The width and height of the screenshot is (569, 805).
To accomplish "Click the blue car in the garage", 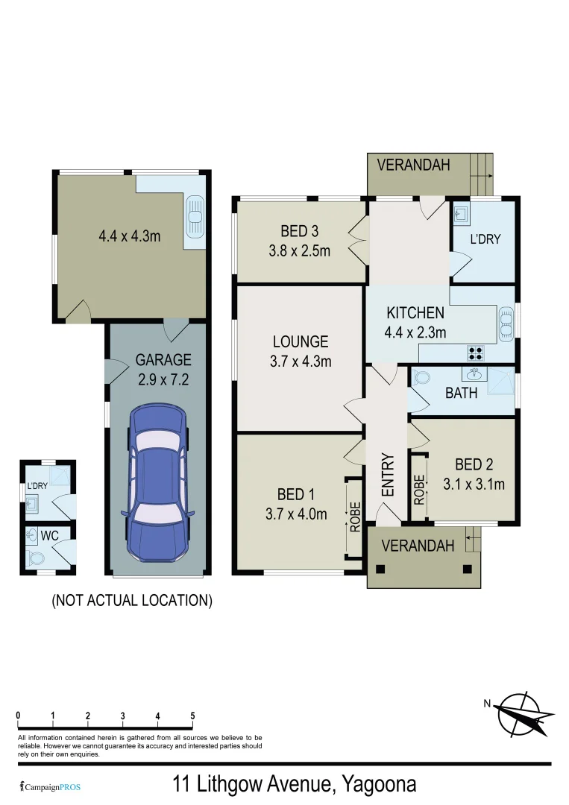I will click(x=157, y=484).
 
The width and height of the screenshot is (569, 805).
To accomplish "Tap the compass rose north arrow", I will click(x=526, y=712).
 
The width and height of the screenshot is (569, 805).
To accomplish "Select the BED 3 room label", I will click(x=299, y=230).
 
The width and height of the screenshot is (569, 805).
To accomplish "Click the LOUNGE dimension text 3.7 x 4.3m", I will click(x=301, y=362).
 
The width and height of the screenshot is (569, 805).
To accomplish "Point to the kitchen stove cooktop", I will click(x=474, y=352).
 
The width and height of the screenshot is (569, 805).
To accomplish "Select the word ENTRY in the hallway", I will click(x=387, y=475).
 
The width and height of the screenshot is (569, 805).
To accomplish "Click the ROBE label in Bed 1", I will click(x=356, y=517).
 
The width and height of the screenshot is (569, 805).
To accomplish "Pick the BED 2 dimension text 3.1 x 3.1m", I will click(x=474, y=484).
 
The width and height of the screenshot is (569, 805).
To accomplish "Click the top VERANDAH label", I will click(x=413, y=165).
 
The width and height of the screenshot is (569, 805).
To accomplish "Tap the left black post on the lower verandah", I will click(x=381, y=569).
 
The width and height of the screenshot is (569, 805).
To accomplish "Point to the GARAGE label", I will click(x=163, y=359).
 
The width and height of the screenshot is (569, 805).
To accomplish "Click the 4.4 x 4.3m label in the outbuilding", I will click(x=130, y=236).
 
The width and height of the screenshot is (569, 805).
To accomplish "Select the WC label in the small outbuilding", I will click(x=50, y=536).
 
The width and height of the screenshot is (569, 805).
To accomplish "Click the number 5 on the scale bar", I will click(x=192, y=717).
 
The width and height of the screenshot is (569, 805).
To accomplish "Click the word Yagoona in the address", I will click(x=379, y=784).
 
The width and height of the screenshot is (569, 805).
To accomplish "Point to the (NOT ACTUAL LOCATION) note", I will click(x=132, y=600).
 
